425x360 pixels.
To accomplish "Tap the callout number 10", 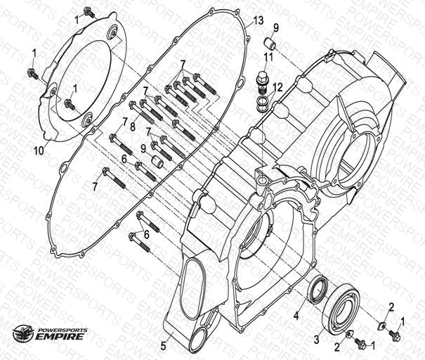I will pyautogui.click(x=39, y=150).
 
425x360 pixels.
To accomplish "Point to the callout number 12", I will pyautogui.click(x=278, y=87).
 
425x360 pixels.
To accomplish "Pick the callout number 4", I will pyautogui.click(x=297, y=315).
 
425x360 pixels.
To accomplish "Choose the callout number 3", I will pyautogui.click(x=316, y=340).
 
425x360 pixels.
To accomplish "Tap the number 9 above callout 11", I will pyautogui.click(x=276, y=28).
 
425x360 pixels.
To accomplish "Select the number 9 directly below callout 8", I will pyautogui.click(x=143, y=148).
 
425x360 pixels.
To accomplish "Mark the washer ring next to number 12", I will pyautogui.click(x=261, y=104).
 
